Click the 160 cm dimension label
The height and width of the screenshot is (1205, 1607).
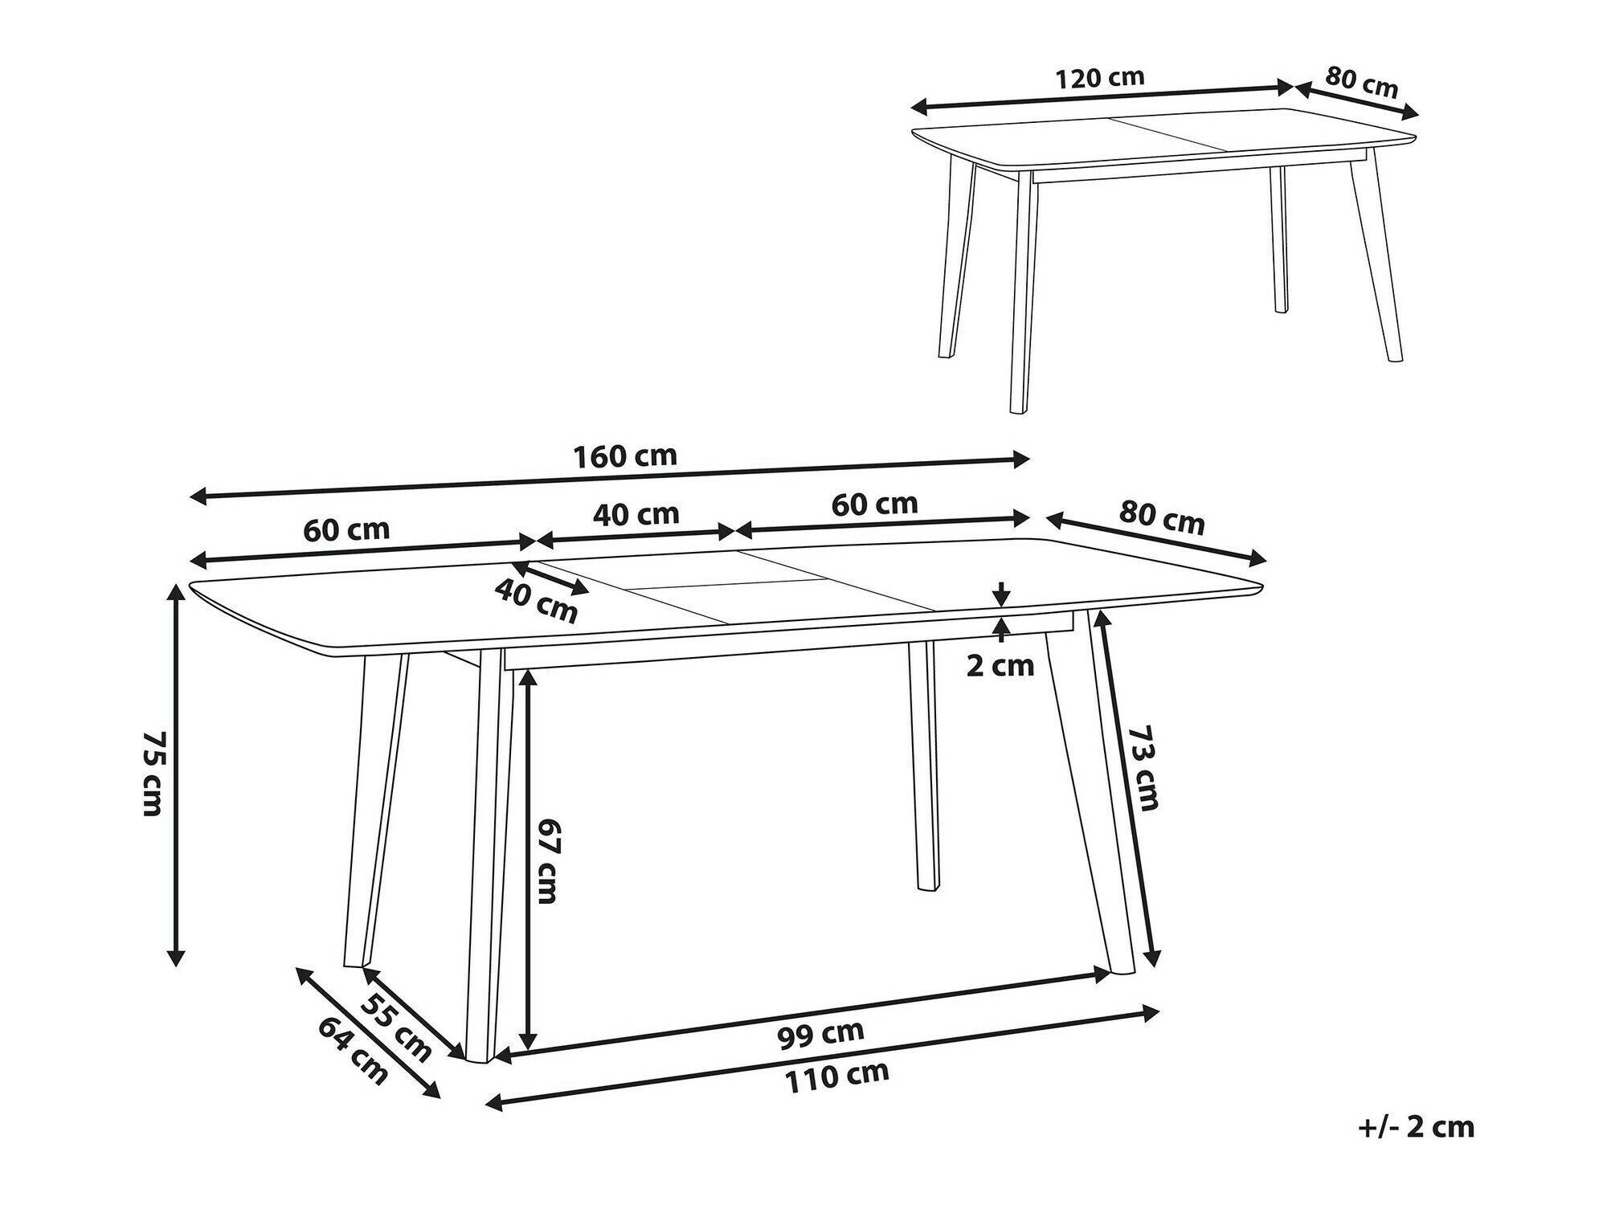coord(624,456)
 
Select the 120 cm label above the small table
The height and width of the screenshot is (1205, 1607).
coord(1099,78)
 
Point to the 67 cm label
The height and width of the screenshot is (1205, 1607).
coord(547,860)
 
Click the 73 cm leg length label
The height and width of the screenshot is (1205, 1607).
coord(1144,768)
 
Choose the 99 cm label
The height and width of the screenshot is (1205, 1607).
coord(820,1033)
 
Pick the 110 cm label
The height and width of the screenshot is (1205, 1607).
coord(837,1076)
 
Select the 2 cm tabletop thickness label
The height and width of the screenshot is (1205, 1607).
coord(1000,665)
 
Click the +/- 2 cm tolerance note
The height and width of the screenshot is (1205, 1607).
coord(1416,1127)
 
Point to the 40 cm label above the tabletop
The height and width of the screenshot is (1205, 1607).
coord(636,513)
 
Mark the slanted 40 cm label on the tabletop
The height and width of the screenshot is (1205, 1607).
coord(536,600)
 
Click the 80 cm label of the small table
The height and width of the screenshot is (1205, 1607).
coord(1362,82)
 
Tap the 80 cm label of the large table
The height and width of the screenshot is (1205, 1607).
coord(1162,518)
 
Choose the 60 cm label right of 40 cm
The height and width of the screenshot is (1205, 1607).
coord(874,504)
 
